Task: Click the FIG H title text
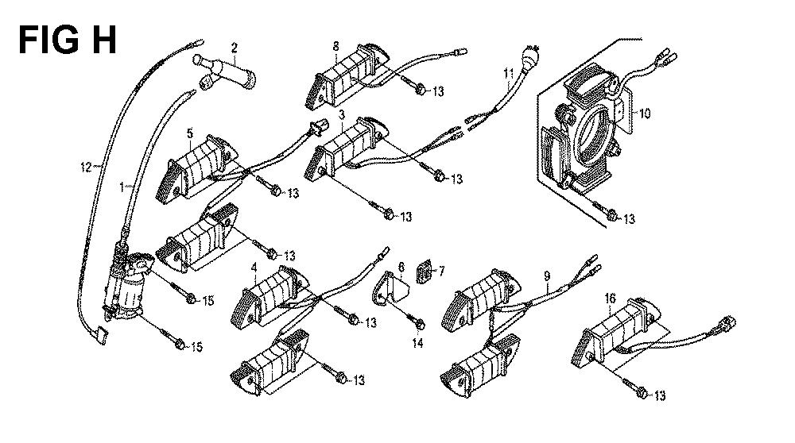pyautogui.click(x=68, y=40)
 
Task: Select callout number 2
pyautogui.click(x=234, y=48)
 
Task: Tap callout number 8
pyautogui.click(x=335, y=46)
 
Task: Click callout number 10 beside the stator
pyautogui.click(x=644, y=114)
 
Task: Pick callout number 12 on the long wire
pyautogui.click(x=86, y=167)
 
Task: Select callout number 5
pyautogui.click(x=190, y=133)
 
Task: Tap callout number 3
pyautogui.click(x=342, y=114)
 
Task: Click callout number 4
pyautogui.click(x=254, y=267)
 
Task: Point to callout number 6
pyautogui.click(x=401, y=266)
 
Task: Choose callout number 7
pyautogui.click(x=441, y=272)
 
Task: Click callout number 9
pyautogui.click(x=547, y=276)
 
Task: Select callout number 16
pyautogui.click(x=610, y=299)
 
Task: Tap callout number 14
pyautogui.click(x=417, y=343)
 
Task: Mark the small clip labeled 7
pyautogui.click(x=425, y=272)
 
